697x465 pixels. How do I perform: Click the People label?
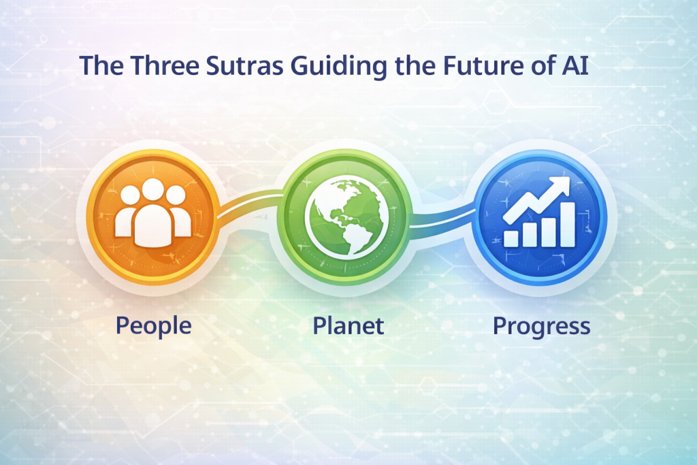click(153, 325)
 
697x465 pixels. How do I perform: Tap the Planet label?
click(348, 325)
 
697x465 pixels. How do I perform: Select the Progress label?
click(541, 326)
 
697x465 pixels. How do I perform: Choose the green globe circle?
click(348, 211)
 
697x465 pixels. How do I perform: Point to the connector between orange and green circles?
click(248, 205)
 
